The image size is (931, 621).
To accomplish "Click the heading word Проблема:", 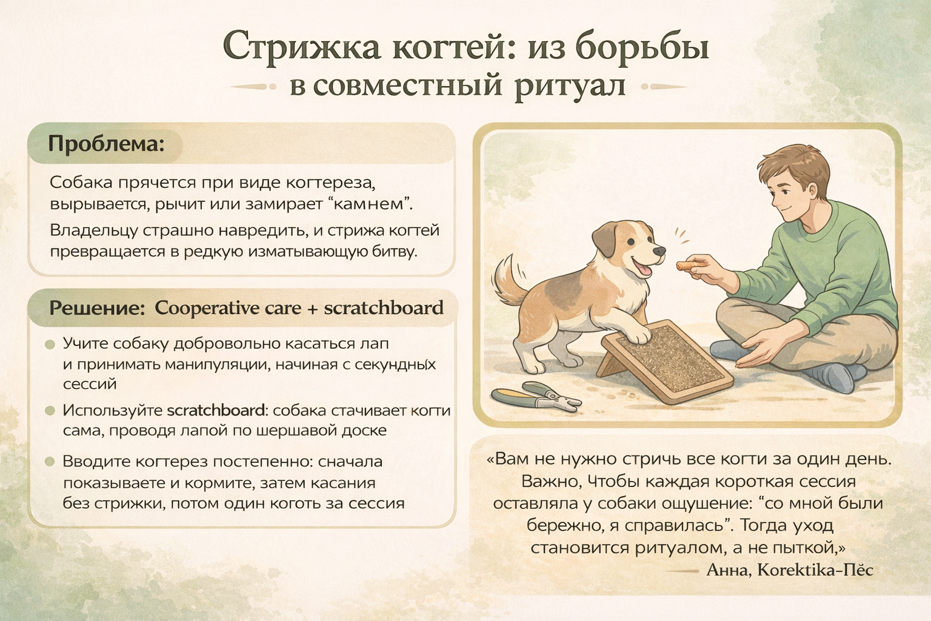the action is point(107,144).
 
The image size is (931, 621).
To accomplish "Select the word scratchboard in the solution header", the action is point(384,308).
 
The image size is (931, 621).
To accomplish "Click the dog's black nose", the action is point(659,251).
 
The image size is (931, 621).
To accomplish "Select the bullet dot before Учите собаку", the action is point(50,344).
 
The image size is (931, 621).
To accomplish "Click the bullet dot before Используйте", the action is point(50,411).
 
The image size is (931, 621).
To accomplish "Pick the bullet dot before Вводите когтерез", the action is point(50,462).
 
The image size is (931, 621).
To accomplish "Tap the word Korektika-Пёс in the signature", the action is point(815,569).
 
